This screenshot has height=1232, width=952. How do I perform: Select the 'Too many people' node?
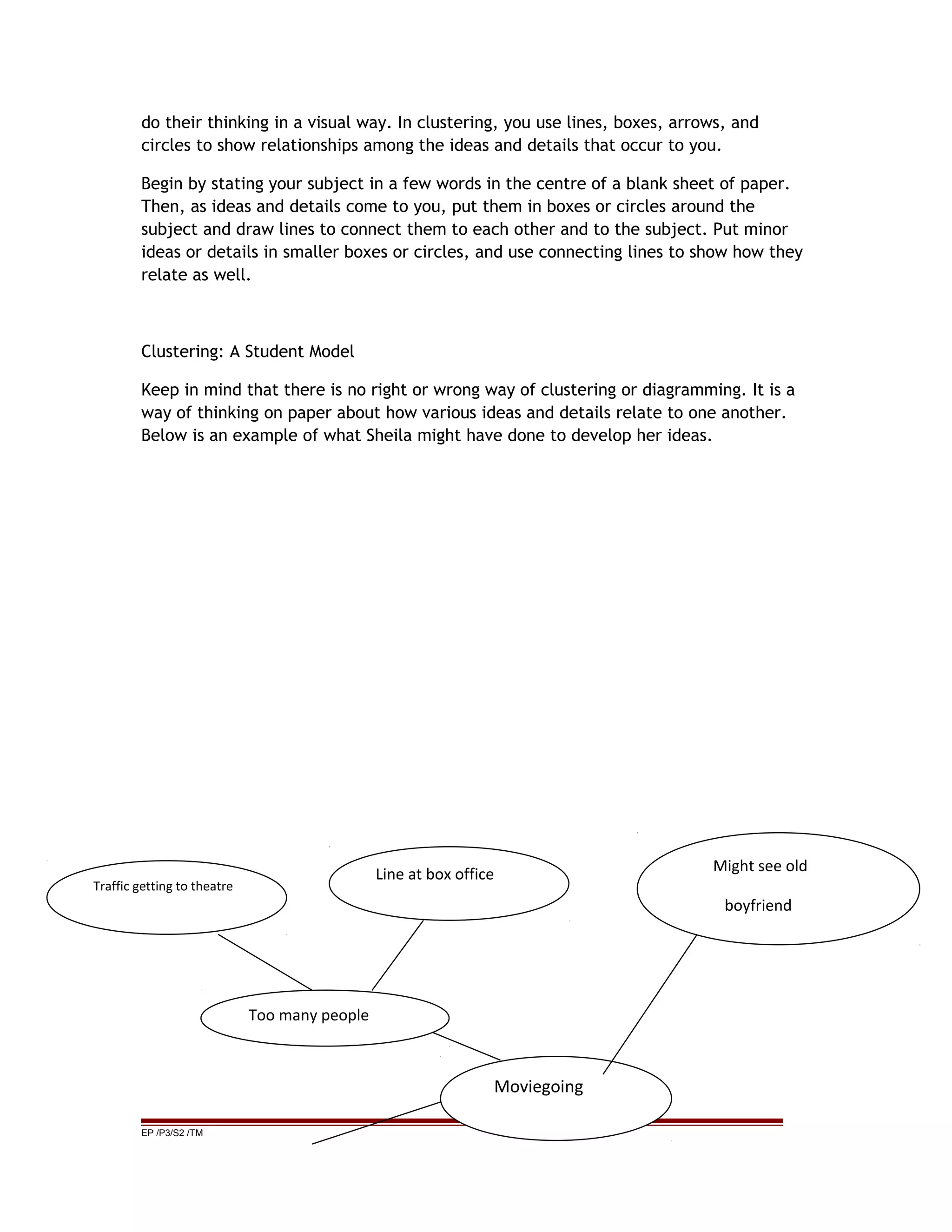pyautogui.click(x=309, y=1015)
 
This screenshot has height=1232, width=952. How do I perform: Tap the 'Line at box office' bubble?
pyautogui.click(x=434, y=874)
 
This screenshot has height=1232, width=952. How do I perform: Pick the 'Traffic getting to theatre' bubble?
pyautogui.click(x=163, y=886)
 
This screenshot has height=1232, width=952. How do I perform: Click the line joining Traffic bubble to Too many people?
pyautogui.click(x=264, y=962)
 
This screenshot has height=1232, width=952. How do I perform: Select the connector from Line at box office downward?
pyautogui.click(x=397, y=954)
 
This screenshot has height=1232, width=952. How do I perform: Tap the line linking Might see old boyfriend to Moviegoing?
pyautogui.click(x=650, y=1004)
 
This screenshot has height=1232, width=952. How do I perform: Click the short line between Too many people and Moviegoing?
pyautogui.click(x=466, y=1047)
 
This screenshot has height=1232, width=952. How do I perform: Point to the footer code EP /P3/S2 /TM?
pyautogui.click(x=172, y=1133)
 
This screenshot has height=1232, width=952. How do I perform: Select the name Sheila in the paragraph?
pyautogui.click(x=389, y=436)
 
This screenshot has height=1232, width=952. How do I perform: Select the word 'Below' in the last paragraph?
pyautogui.click(x=164, y=436)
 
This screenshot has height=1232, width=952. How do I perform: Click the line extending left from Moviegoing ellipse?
pyautogui.click(x=377, y=1123)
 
